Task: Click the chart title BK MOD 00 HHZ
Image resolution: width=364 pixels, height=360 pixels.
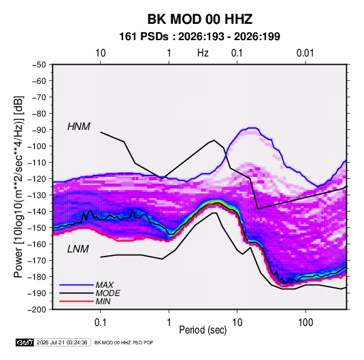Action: tap(200, 19)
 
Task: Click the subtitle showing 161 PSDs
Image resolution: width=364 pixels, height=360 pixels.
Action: tap(199, 37)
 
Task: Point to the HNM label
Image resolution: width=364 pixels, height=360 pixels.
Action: tap(79, 127)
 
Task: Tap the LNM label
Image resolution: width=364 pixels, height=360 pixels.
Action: tap(78, 249)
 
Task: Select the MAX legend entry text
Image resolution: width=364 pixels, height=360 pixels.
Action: tap(105, 285)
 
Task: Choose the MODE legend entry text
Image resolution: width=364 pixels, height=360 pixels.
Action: tap(107, 293)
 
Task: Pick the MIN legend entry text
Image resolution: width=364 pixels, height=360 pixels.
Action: tap(103, 301)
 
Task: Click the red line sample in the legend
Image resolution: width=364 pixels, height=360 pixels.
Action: tap(76, 301)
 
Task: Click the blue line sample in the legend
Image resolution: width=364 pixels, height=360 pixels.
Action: tap(76, 285)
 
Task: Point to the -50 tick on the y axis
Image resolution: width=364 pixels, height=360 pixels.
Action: tap(39, 65)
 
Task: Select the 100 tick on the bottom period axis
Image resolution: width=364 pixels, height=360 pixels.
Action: tap(305, 323)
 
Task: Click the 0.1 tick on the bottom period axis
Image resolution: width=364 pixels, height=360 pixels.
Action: tap(100, 323)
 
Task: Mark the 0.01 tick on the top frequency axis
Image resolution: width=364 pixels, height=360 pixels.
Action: tap(305, 53)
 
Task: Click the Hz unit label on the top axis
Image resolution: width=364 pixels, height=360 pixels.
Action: tap(203, 53)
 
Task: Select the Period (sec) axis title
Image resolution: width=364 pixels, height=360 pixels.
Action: tap(203, 330)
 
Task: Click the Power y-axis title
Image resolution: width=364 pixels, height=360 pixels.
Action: tap(18, 187)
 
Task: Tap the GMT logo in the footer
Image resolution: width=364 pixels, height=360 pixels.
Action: tap(25, 342)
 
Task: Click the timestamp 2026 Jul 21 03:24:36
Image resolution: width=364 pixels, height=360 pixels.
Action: tap(62, 342)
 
